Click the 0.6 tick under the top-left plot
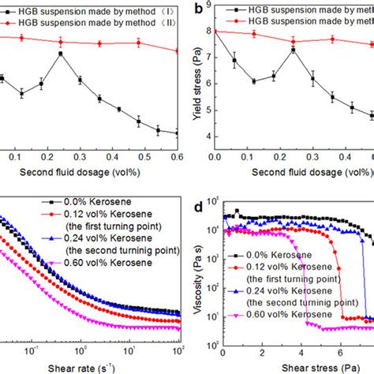click(178, 157)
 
